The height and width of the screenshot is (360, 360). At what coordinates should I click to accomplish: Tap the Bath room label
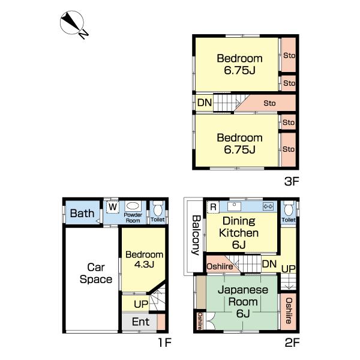82,213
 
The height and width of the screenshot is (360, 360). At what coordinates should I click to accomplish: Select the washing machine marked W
113,207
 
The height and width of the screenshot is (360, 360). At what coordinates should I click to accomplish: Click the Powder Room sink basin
133,206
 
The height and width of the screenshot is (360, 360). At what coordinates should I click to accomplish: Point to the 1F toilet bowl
157,209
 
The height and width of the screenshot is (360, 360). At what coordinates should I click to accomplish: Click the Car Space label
96,273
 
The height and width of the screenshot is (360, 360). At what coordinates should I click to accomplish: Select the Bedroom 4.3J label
144,259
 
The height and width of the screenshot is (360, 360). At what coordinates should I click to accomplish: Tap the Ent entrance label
141,322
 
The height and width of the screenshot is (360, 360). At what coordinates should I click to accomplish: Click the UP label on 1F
141,304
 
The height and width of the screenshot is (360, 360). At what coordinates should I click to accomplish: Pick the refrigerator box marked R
213,207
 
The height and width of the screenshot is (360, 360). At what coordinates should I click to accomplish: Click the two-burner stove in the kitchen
268,206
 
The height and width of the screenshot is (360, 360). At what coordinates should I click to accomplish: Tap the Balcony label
196,235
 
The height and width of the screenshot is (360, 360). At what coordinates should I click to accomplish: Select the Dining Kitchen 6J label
239,233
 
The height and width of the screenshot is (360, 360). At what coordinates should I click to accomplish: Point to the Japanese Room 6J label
243,301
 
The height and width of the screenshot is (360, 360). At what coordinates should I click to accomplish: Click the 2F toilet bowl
289,209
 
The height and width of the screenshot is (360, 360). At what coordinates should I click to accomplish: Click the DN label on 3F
205,103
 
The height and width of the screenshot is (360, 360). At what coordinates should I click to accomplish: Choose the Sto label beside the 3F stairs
269,103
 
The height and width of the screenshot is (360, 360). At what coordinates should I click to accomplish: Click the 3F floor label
292,181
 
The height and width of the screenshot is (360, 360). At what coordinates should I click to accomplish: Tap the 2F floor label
292,343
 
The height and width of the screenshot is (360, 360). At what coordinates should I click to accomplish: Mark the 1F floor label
165,343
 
